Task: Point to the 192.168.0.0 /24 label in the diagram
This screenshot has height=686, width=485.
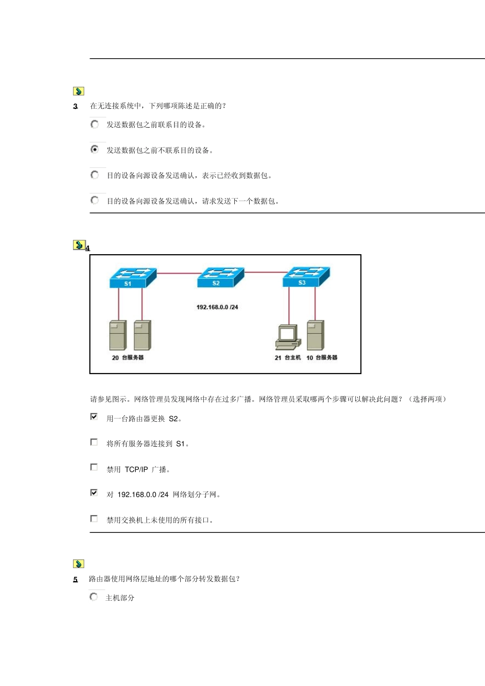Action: coord(217,307)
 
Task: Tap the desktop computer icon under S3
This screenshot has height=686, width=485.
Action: coord(288,337)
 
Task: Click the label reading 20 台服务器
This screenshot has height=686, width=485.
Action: coord(128,358)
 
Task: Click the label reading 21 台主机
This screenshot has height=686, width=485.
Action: coord(287,358)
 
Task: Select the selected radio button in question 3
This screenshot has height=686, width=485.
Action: coord(94,150)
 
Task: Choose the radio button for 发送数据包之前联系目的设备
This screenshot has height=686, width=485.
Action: coord(94,124)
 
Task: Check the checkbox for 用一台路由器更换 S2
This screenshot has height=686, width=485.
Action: coord(94,417)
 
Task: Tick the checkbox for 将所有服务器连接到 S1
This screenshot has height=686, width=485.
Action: coord(94,442)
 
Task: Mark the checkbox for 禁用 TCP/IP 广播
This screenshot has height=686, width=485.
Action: coord(94,468)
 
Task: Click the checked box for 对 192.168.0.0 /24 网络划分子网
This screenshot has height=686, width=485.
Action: coord(94,493)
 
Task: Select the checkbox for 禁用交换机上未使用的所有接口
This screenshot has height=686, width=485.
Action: coord(94,519)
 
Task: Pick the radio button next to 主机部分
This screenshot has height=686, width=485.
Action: coord(93,597)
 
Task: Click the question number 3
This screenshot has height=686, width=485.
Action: coord(76,106)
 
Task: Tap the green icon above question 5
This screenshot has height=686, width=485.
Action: coord(78,564)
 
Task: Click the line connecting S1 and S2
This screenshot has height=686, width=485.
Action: coord(177,274)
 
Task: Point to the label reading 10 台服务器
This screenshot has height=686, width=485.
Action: coord(322,358)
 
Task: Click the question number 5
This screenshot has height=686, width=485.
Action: coord(76,579)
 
